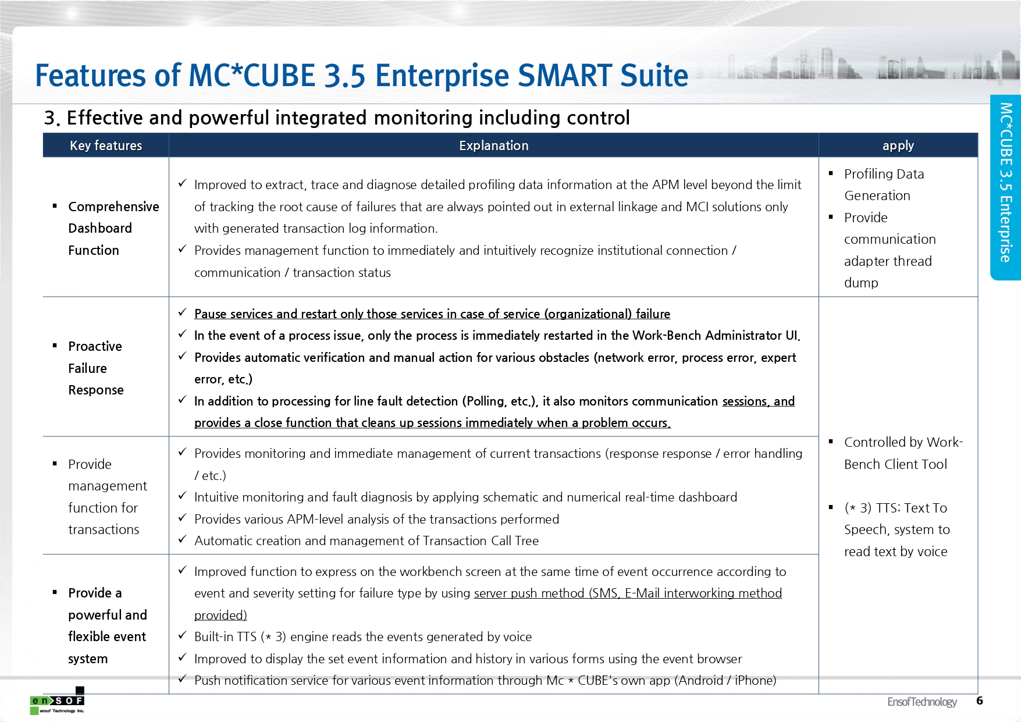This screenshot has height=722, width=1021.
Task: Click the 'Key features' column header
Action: pyautogui.click(x=106, y=145)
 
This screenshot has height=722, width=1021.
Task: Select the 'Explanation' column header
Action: pyautogui.click(x=493, y=145)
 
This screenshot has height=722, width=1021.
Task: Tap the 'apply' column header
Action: pyautogui.click(x=898, y=145)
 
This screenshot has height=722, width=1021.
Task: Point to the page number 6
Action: pyautogui.click(x=980, y=700)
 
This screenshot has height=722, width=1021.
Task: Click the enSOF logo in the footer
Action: pyautogui.click(x=57, y=701)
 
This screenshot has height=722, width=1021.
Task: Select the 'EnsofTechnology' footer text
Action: pyautogui.click(x=922, y=702)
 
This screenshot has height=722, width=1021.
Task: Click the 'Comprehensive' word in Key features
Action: pyautogui.click(x=113, y=207)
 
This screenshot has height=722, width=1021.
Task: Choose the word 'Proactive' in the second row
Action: pyautogui.click(x=95, y=346)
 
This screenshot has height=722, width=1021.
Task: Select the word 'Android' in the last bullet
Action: pyautogui.click(x=700, y=681)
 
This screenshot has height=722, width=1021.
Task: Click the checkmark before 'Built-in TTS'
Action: pyautogui.click(x=182, y=635)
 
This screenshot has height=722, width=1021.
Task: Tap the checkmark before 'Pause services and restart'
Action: pyautogui.click(x=182, y=312)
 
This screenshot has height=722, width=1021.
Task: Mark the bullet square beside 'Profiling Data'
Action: pyautogui.click(x=831, y=173)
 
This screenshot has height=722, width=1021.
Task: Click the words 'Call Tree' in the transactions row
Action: pyautogui.click(x=515, y=541)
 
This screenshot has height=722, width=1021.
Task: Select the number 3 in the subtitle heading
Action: pyautogui.click(x=51, y=118)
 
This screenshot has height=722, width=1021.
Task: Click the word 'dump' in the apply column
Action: pyautogui.click(x=861, y=283)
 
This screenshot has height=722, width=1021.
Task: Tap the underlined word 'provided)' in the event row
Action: pyautogui.click(x=220, y=616)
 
